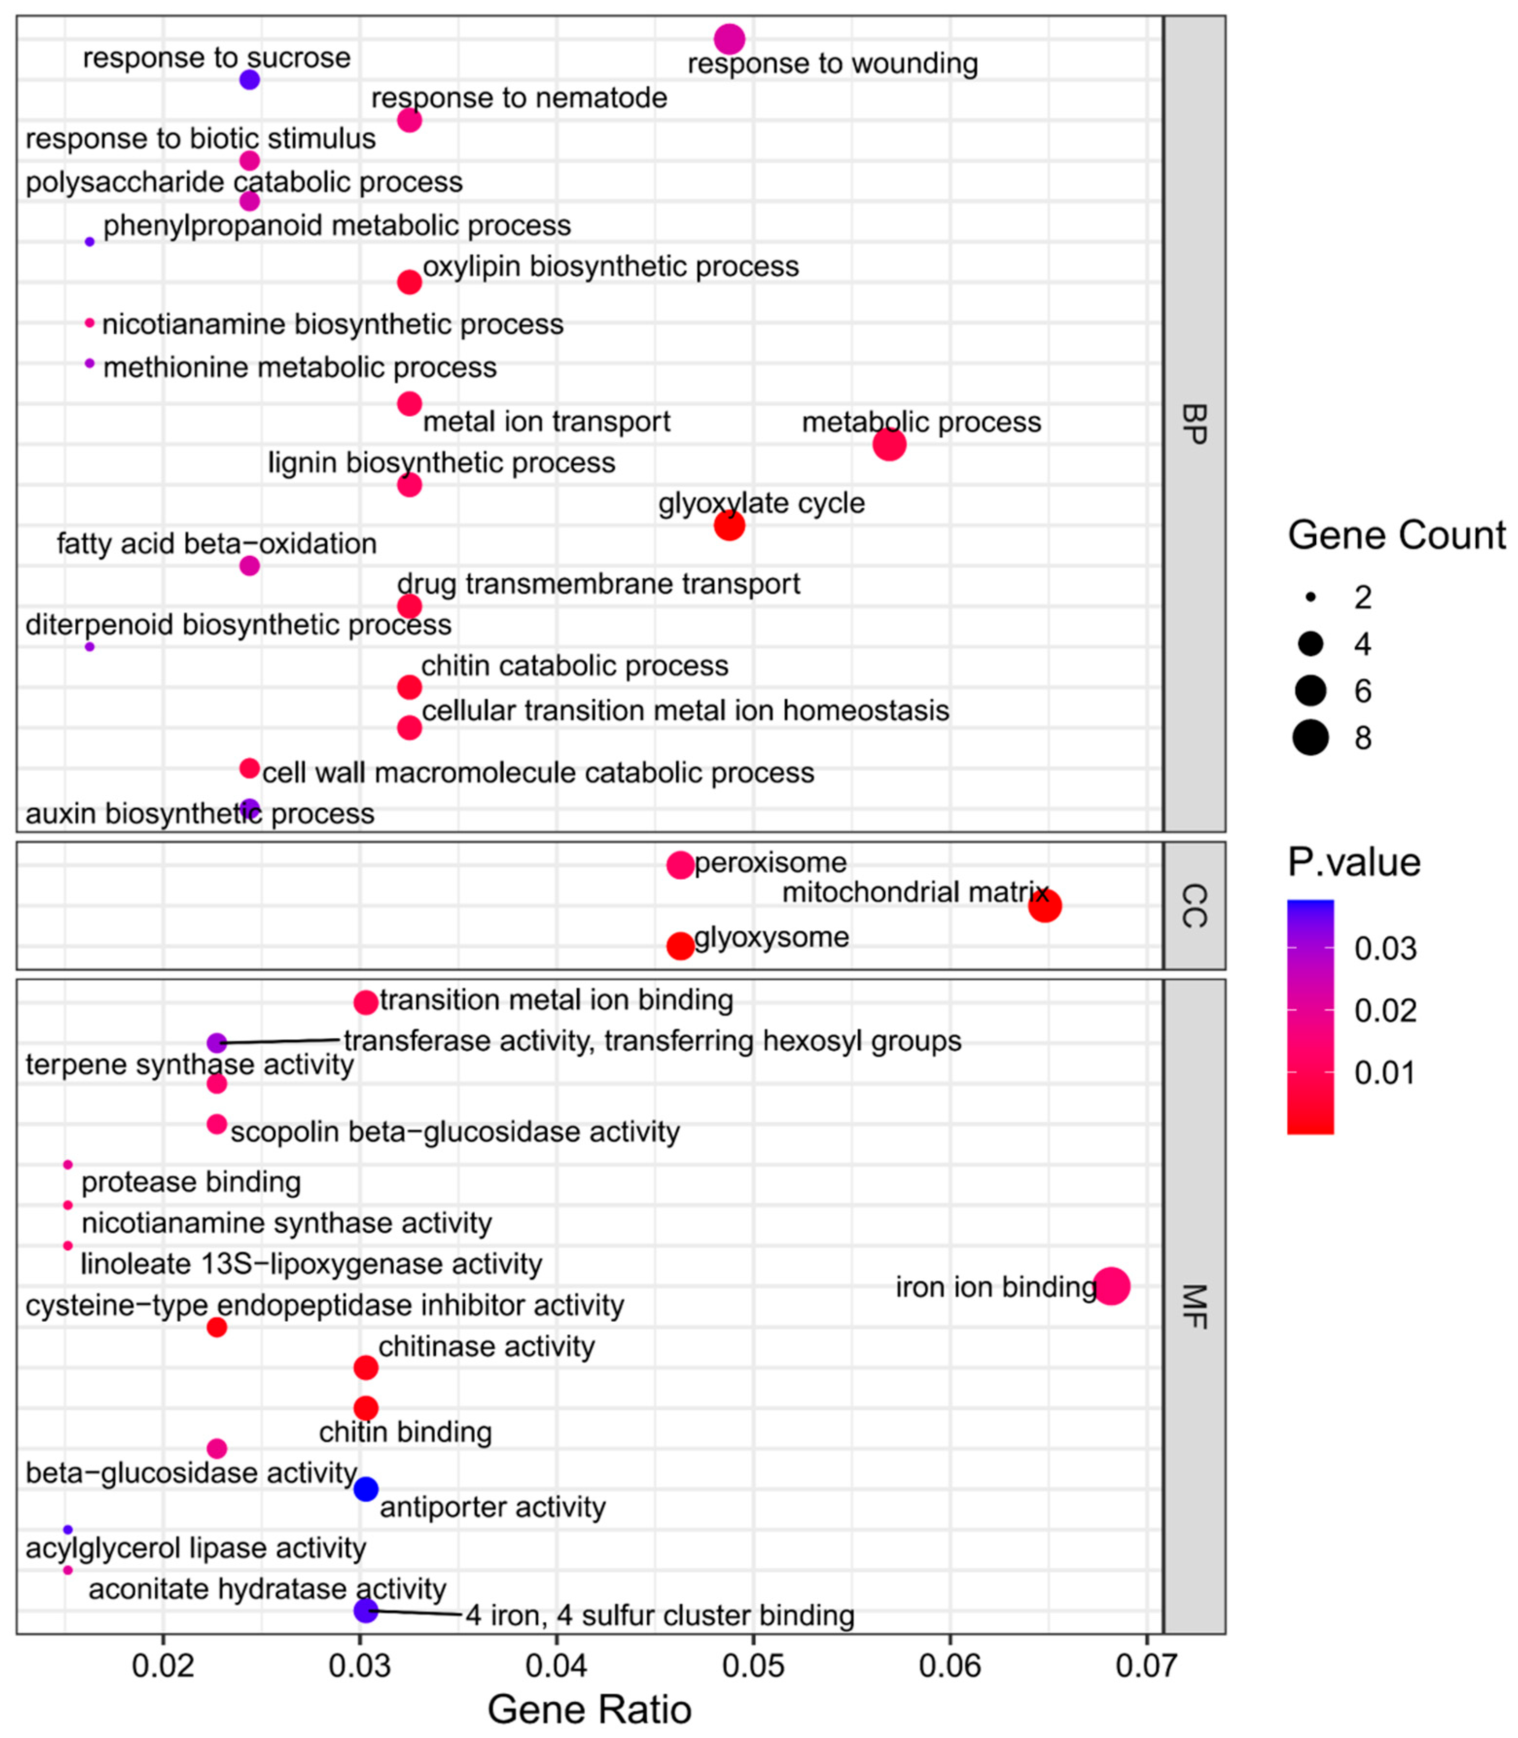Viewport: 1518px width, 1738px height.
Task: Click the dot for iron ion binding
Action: point(1112,1286)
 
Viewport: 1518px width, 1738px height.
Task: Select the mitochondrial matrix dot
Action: point(1044,906)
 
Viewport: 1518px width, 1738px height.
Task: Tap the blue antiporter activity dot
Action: point(365,1488)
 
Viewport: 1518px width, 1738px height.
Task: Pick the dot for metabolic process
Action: point(889,444)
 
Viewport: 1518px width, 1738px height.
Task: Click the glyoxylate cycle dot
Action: point(729,525)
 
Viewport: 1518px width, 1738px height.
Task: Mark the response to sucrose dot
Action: point(249,80)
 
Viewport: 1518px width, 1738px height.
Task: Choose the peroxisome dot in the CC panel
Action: point(680,865)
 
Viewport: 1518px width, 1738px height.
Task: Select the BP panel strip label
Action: point(1194,424)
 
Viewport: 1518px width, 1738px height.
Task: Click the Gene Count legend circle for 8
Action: point(1310,737)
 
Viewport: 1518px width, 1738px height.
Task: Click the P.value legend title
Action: point(1354,862)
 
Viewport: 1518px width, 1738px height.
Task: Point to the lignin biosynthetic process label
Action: point(441,462)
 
